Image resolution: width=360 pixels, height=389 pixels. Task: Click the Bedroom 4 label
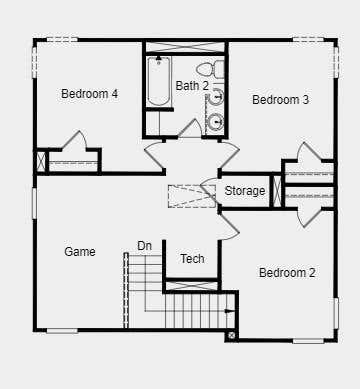pyautogui.click(x=89, y=94)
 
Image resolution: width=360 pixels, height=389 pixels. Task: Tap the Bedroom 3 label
pyautogui.click(x=280, y=100)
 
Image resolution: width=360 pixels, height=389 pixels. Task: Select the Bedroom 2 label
pyautogui.click(x=287, y=273)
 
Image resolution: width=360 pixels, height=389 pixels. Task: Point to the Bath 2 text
pyautogui.click(x=192, y=86)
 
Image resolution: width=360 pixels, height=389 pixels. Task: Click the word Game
pyautogui.click(x=80, y=251)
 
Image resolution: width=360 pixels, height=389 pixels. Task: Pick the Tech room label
pyautogui.click(x=192, y=259)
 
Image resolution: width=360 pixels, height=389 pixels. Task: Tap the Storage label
pyautogui.click(x=245, y=191)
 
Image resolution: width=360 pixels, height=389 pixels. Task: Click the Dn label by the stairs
pyautogui.click(x=144, y=246)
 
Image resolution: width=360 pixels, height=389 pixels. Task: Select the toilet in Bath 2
pyautogui.click(x=210, y=69)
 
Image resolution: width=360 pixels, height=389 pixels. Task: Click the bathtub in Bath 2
pyautogui.click(x=159, y=81)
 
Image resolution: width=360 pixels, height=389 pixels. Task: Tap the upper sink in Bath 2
pyautogui.click(x=216, y=97)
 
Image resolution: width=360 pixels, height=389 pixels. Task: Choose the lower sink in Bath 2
pyautogui.click(x=215, y=121)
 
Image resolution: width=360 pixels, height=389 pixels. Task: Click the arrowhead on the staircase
pyautogui.click(x=229, y=311)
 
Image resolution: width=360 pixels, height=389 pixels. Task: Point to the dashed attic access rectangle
pyautogui.click(x=192, y=196)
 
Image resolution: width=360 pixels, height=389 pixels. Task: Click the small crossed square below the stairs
pyautogui.click(x=232, y=335)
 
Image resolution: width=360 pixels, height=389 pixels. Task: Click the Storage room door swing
pyautogui.click(x=209, y=190)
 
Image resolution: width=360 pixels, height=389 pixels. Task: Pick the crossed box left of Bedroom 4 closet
pyautogui.click(x=41, y=162)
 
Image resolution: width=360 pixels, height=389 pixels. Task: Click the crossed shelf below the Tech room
pyautogui.click(x=191, y=286)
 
